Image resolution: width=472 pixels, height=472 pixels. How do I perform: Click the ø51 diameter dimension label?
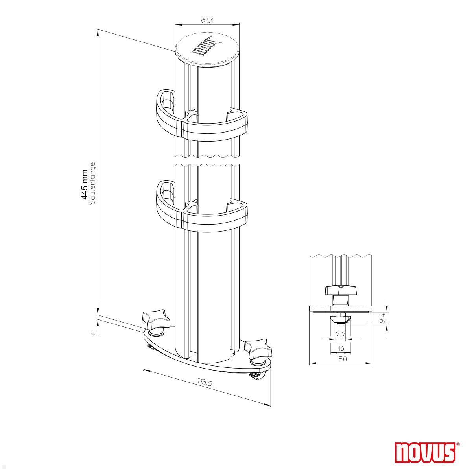tap(207, 21)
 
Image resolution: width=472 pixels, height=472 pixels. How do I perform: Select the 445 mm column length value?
tap(84, 185)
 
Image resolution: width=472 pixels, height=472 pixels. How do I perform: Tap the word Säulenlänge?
tap(93, 183)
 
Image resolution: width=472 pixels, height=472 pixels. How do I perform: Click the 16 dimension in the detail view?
tap(341, 348)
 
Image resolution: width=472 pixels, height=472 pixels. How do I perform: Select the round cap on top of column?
tap(207, 50)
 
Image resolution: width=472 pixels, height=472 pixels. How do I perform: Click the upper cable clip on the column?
tap(201, 118)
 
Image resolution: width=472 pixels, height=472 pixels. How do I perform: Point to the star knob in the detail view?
tap(340, 291)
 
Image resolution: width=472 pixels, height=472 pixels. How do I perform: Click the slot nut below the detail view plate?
tap(341, 319)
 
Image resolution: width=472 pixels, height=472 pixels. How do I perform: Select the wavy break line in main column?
tap(207, 159)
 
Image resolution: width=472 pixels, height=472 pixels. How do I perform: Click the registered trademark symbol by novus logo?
tap(457, 445)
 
